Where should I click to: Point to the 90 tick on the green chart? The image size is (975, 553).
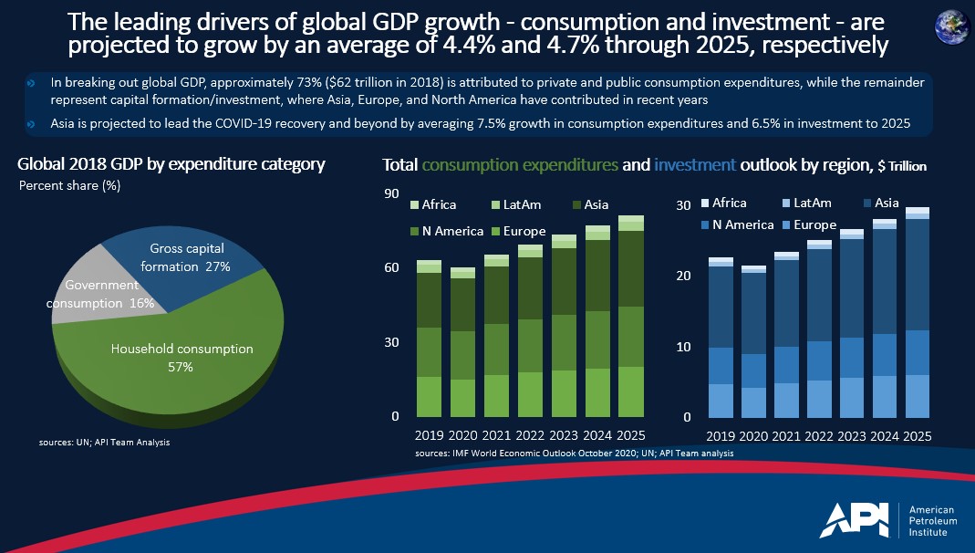tap(391, 193)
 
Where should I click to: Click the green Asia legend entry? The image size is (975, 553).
tap(589, 204)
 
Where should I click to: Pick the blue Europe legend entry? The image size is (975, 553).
tap(807, 224)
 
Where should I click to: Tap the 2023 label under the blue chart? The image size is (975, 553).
tap(852, 437)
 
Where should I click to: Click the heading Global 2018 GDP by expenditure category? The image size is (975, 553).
tap(171, 165)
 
